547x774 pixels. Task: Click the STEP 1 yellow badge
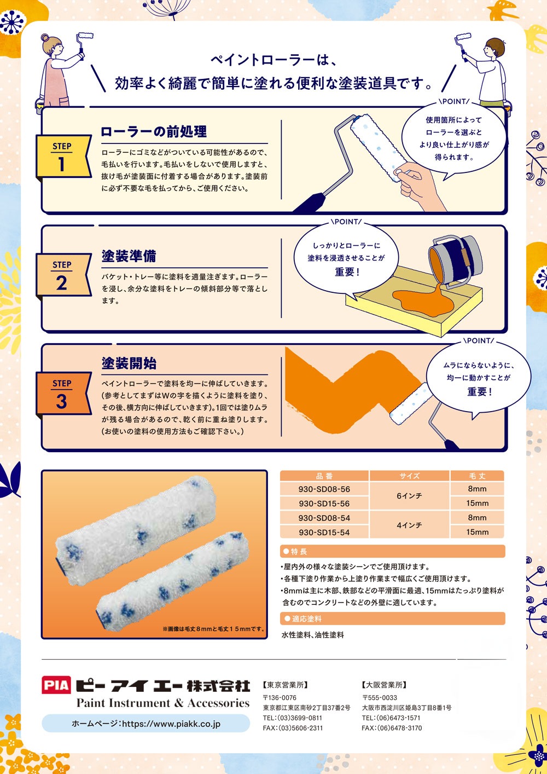click(x=63, y=157)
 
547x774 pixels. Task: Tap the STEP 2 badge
click(x=63, y=275)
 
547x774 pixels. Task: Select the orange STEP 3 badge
click(x=63, y=394)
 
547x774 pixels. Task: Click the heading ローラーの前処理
click(x=154, y=132)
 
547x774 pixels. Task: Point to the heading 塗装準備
click(x=129, y=256)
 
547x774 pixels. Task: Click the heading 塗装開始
click(x=129, y=363)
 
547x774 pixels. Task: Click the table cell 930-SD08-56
click(x=324, y=489)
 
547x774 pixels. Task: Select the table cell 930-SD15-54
click(x=324, y=532)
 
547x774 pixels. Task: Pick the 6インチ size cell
click(x=409, y=496)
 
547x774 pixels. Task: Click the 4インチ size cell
click(x=409, y=525)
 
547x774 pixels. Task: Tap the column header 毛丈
click(x=477, y=476)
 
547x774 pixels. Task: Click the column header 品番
click(x=324, y=476)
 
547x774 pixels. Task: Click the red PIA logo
click(x=56, y=685)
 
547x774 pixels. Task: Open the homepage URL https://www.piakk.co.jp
click(x=146, y=724)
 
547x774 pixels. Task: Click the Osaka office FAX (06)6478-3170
click(x=392, y=727)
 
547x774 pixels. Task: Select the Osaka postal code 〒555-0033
click(x=380, y=697)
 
